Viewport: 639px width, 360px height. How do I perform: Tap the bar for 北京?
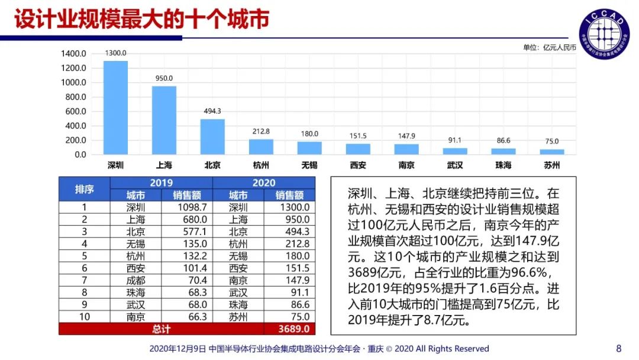[212, 137]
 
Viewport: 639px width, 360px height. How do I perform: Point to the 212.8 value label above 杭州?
[260, 131]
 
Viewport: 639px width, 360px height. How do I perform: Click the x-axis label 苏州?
[551, 165]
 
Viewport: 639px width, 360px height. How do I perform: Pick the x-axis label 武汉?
[454, 165]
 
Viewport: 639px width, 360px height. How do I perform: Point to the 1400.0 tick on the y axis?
[73, 53]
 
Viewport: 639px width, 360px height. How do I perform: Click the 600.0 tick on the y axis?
[73, 111]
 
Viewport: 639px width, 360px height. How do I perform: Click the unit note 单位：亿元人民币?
[549, 47]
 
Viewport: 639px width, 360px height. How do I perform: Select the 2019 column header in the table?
[161, 183]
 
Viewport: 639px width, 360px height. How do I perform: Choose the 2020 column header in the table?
[264, 183]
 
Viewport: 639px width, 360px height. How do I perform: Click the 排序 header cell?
[84, 189]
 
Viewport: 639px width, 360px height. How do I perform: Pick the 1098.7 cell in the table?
[187, 207]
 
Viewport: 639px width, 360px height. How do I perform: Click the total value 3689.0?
[289, 329]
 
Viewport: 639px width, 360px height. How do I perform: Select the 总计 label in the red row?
[161, 329]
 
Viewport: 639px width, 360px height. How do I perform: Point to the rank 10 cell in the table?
[84, 317]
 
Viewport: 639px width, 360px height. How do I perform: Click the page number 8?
[619, 348]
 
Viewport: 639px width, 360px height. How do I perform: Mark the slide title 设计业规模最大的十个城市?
[142, 19]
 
